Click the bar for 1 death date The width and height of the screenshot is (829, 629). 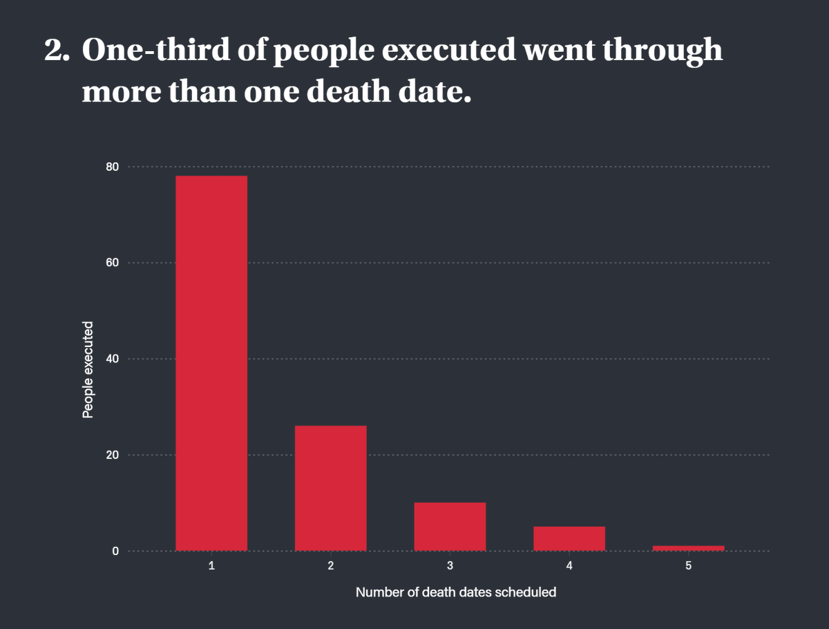(211, 363)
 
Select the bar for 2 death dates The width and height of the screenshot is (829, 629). (330, 488)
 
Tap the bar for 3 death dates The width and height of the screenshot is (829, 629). (450, 527)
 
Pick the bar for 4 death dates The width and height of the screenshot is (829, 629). (569, 538)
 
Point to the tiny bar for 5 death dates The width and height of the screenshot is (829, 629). (688, 548)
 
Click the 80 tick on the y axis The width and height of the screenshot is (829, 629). (112, 167)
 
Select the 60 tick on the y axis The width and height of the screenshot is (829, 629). (112, 263)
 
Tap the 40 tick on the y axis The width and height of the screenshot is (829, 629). (112, 359)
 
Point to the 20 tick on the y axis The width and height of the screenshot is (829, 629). (112, 455)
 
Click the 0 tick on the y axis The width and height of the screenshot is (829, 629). (115, 551)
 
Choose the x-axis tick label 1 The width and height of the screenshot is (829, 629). (211, 566)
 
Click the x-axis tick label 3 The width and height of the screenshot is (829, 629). (450, 566)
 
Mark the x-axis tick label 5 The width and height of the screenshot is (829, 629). (688, 566)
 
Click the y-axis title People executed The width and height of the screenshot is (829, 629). (88, 370)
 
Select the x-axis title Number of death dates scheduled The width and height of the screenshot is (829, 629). (456, 592)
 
